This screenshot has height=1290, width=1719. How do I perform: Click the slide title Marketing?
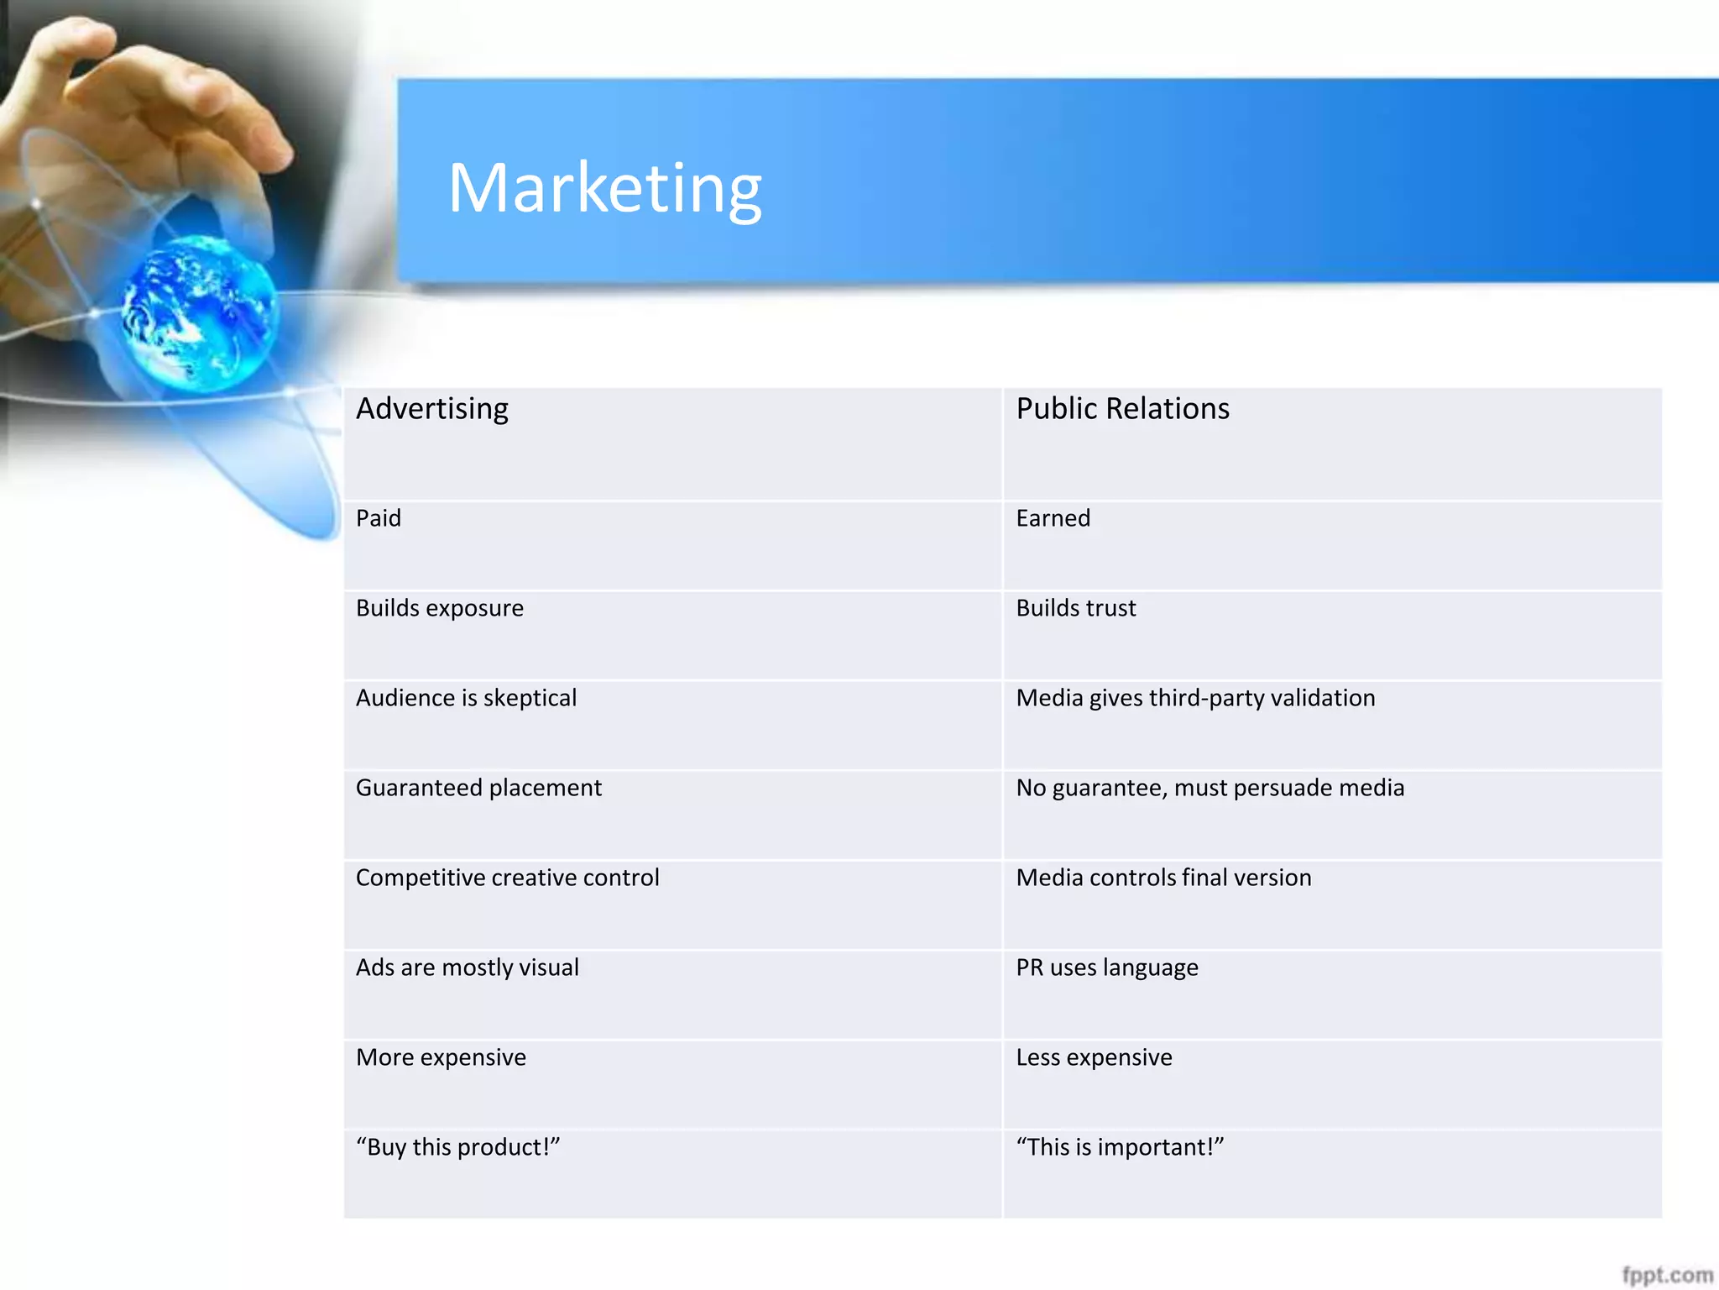click(x=604, y=189)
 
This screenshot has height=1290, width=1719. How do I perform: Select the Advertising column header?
click(x=432, y=409)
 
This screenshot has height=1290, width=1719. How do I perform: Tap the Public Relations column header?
click(x=1122, y=409)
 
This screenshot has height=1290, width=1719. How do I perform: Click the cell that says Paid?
click(x=379, y=518)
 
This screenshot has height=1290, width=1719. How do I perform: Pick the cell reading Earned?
click(x=1053, y=518)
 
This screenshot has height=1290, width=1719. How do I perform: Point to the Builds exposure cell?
click(x=439, y=608)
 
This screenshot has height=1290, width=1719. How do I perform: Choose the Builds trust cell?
click(x=1075, y=608)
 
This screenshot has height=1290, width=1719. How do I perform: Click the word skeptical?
click(x=530, y=698)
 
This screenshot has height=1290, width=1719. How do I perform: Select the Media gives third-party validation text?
click(x=1195, y=698)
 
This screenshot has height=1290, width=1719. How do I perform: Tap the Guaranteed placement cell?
click(x=478, y=788)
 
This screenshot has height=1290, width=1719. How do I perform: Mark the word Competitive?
click(x=421, y=878)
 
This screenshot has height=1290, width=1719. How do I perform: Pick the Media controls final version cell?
click(x=1163, y=878)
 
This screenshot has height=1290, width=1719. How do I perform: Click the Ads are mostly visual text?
click(x=467, y=967)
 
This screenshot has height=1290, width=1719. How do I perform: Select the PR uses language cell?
click(x=1106, y=968)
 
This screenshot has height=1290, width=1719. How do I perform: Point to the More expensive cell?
click(x=441, y=1057)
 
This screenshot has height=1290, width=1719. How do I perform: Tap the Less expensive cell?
click(x=1094, y=1057)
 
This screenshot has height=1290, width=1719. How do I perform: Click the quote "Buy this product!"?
click(x=457, y=1147)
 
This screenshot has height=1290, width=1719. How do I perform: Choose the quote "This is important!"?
click(x=1120, y=1147)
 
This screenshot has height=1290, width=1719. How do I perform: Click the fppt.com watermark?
click(x=1667, y=1275)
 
